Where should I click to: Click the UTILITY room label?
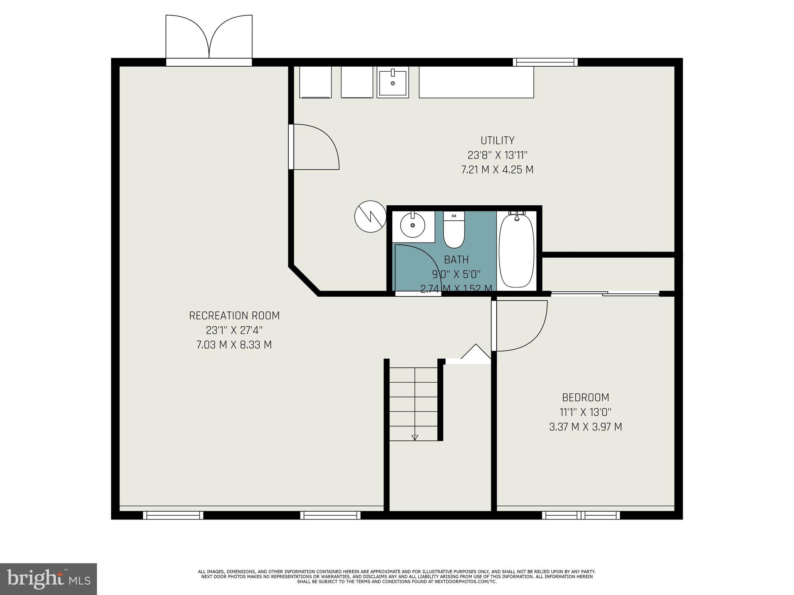[x=497, y=140]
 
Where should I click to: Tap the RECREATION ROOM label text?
[x=234, y=316]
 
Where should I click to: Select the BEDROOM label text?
[x=585, y=397]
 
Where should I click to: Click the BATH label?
[x=456, y=260]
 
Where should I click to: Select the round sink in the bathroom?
[x=412, y=225]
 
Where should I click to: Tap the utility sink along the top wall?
[x=392, y=82]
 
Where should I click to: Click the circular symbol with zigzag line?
[x=371, y=217]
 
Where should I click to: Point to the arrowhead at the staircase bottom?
[x=414, y=437]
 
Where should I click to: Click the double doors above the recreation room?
[x=209, y=39]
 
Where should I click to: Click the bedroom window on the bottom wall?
[x=580, y=515]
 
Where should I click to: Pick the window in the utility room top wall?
[x=545, y=62]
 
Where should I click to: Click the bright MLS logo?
[x=48, y=578]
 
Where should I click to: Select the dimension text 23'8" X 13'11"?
[x=497, y=155]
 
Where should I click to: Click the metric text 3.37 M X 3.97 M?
[x=585, y=427]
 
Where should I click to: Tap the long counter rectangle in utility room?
[x=476, y=82]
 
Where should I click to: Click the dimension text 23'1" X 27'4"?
[x=234, y=330]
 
